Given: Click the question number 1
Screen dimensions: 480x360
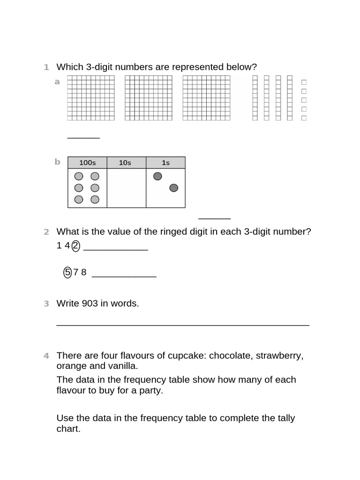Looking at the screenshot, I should [x=46, y=67].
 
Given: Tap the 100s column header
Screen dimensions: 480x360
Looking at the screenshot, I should [x=87, y=163].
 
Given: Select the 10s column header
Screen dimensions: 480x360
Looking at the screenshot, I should [x=125, y=163].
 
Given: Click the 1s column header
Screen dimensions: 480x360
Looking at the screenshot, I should [x=165, y=163].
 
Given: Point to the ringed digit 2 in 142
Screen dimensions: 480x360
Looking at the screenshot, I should [x=76, y=246].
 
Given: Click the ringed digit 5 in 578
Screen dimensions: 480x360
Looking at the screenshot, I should [x=67, y=272].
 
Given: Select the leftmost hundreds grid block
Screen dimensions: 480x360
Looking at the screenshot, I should [x=91, y=98].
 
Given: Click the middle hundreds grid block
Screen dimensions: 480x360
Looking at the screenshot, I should [x=149, y=98].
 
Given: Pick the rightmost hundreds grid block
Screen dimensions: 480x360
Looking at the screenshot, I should [x=206, y=98].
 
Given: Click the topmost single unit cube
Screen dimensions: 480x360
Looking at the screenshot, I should [x=304, y=82].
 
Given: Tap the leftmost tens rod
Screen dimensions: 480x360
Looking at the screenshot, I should [x=255, y=98].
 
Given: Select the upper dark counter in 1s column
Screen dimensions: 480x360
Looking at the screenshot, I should [x=157, y=176].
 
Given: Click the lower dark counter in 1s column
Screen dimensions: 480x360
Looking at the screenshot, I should [x=173, y=188].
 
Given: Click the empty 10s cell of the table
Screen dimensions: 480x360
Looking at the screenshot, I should [x=126, y=188].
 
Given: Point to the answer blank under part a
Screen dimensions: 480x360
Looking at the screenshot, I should [x=83, y=137].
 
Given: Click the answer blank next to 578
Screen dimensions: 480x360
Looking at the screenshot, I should [x=124, y=276].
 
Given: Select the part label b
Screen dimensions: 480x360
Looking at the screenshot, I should [x=57, y=162].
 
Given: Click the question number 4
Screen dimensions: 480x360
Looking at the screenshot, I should [x=46, y=356].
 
